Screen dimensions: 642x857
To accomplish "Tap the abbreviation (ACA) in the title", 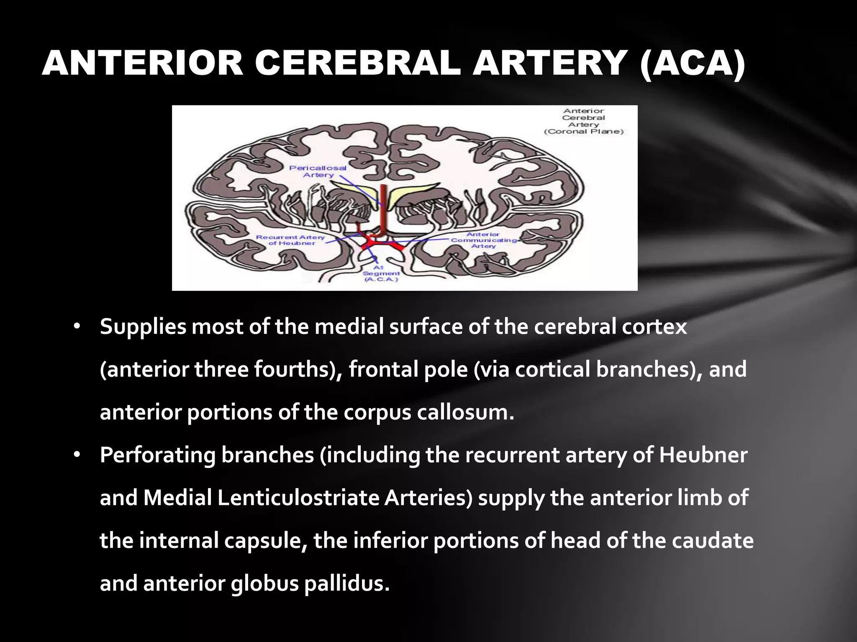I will click(692, 64).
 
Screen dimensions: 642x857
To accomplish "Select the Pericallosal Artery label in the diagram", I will click(318, 171).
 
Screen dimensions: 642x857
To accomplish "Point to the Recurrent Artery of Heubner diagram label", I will click(290, 240).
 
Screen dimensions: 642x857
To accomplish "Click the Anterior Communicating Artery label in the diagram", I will click(483, 240).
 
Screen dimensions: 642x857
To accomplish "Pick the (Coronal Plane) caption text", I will click(584, 132).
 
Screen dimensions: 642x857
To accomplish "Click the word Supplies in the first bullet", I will click(143, 327).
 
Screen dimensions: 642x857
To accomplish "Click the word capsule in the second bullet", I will click(264, 541).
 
